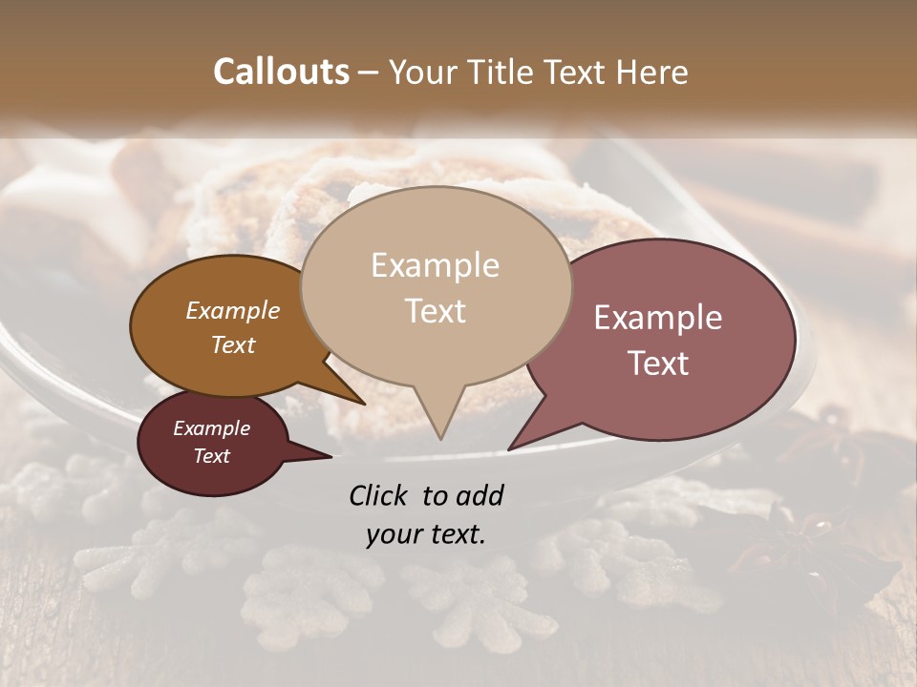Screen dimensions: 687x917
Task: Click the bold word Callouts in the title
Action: tap(281, 72)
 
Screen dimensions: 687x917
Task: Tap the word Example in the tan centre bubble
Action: tap(435, 265)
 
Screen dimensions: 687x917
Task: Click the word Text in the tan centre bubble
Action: tap(435, 310)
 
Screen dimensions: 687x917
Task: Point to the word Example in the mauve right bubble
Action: tap(658, 318)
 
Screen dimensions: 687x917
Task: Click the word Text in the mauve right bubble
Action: tap(658, 364)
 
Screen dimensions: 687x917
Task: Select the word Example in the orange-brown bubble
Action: tap(233, 310)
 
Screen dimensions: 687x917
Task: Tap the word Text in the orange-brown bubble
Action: tap(233, 344)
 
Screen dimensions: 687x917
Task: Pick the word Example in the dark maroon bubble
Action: tap(211, 428)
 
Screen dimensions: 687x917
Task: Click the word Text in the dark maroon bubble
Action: tap(211, 456)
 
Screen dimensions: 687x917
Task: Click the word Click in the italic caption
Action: tap(379, 495)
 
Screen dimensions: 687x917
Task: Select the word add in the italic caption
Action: tap(480, 495)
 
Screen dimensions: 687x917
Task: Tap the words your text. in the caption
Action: tap(425, 534)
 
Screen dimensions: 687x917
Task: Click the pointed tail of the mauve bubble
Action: tap(512, 447)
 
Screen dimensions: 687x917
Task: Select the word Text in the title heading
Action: tap(576, 72)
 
